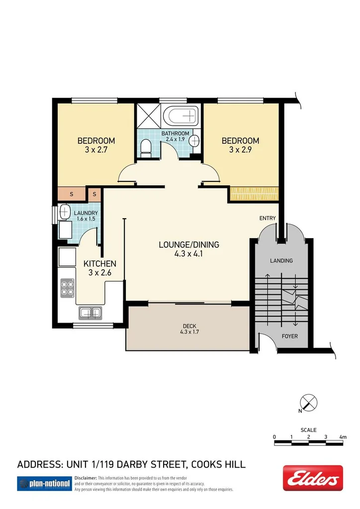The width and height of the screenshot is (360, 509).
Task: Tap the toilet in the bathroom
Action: (x=146, y=148)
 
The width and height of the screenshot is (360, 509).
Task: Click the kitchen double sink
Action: (x=90, y=313)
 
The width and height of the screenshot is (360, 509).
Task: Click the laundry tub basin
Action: (x=65, y=212)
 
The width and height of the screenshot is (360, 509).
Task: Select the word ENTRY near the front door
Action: (x=267, y=219)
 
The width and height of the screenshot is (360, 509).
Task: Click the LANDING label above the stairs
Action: (x=281, y=260)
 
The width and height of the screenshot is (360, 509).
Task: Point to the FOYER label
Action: (x=289, y=336)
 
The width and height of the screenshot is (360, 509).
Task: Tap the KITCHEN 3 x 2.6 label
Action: (x=99, y=268)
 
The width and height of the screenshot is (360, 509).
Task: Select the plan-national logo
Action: (x=44, y=483)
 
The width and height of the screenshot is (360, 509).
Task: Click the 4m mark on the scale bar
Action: (x=342, y=436)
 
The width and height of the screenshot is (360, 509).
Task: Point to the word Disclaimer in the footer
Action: (x=86, y=478)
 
